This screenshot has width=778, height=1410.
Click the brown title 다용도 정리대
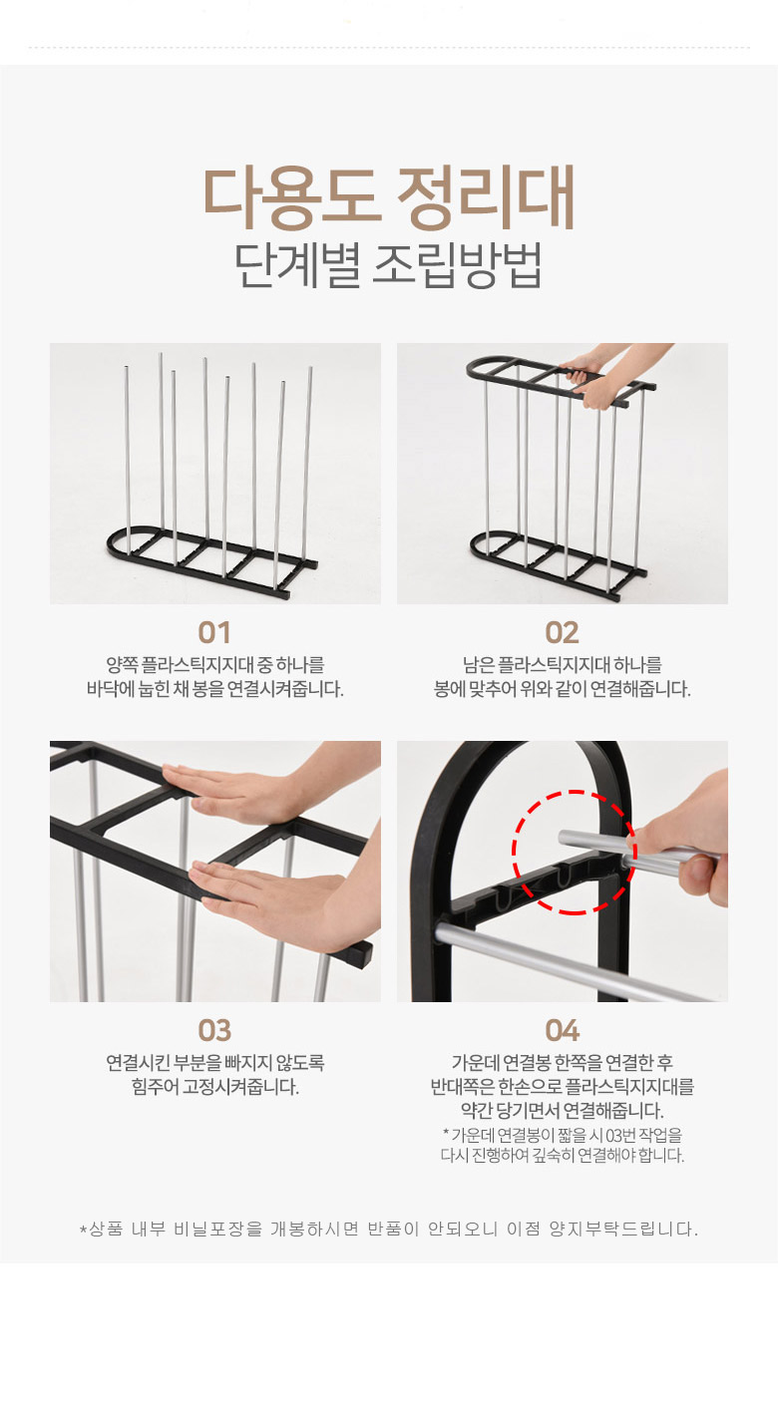(388, 198)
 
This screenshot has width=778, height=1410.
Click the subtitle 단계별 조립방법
(388, 265)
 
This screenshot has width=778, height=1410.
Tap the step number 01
(214, 632)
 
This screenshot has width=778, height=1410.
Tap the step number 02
(563, 632)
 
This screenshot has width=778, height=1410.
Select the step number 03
(214, 1030)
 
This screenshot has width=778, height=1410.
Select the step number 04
(563, 1030)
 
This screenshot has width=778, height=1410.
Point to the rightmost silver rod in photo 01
(307, 463)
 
